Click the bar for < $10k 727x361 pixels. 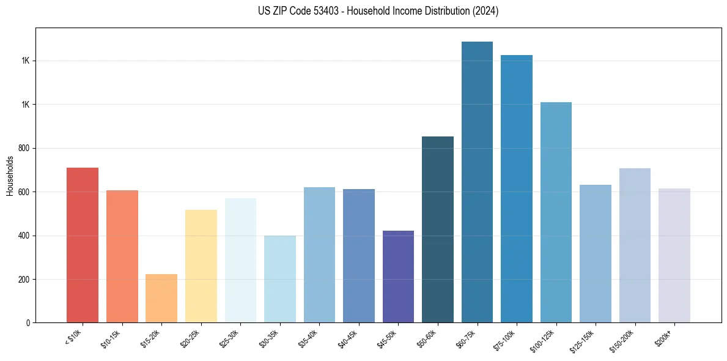[83, 245]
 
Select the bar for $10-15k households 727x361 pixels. [122, 256]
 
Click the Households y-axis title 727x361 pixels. [10, 176]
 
